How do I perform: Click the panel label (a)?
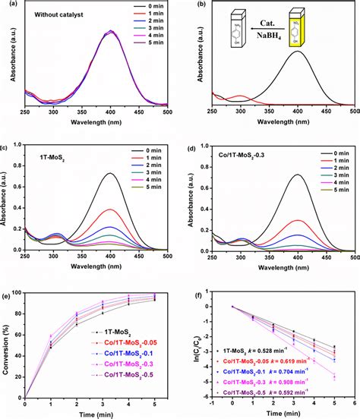pyautogui.click(x=6, y=5)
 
